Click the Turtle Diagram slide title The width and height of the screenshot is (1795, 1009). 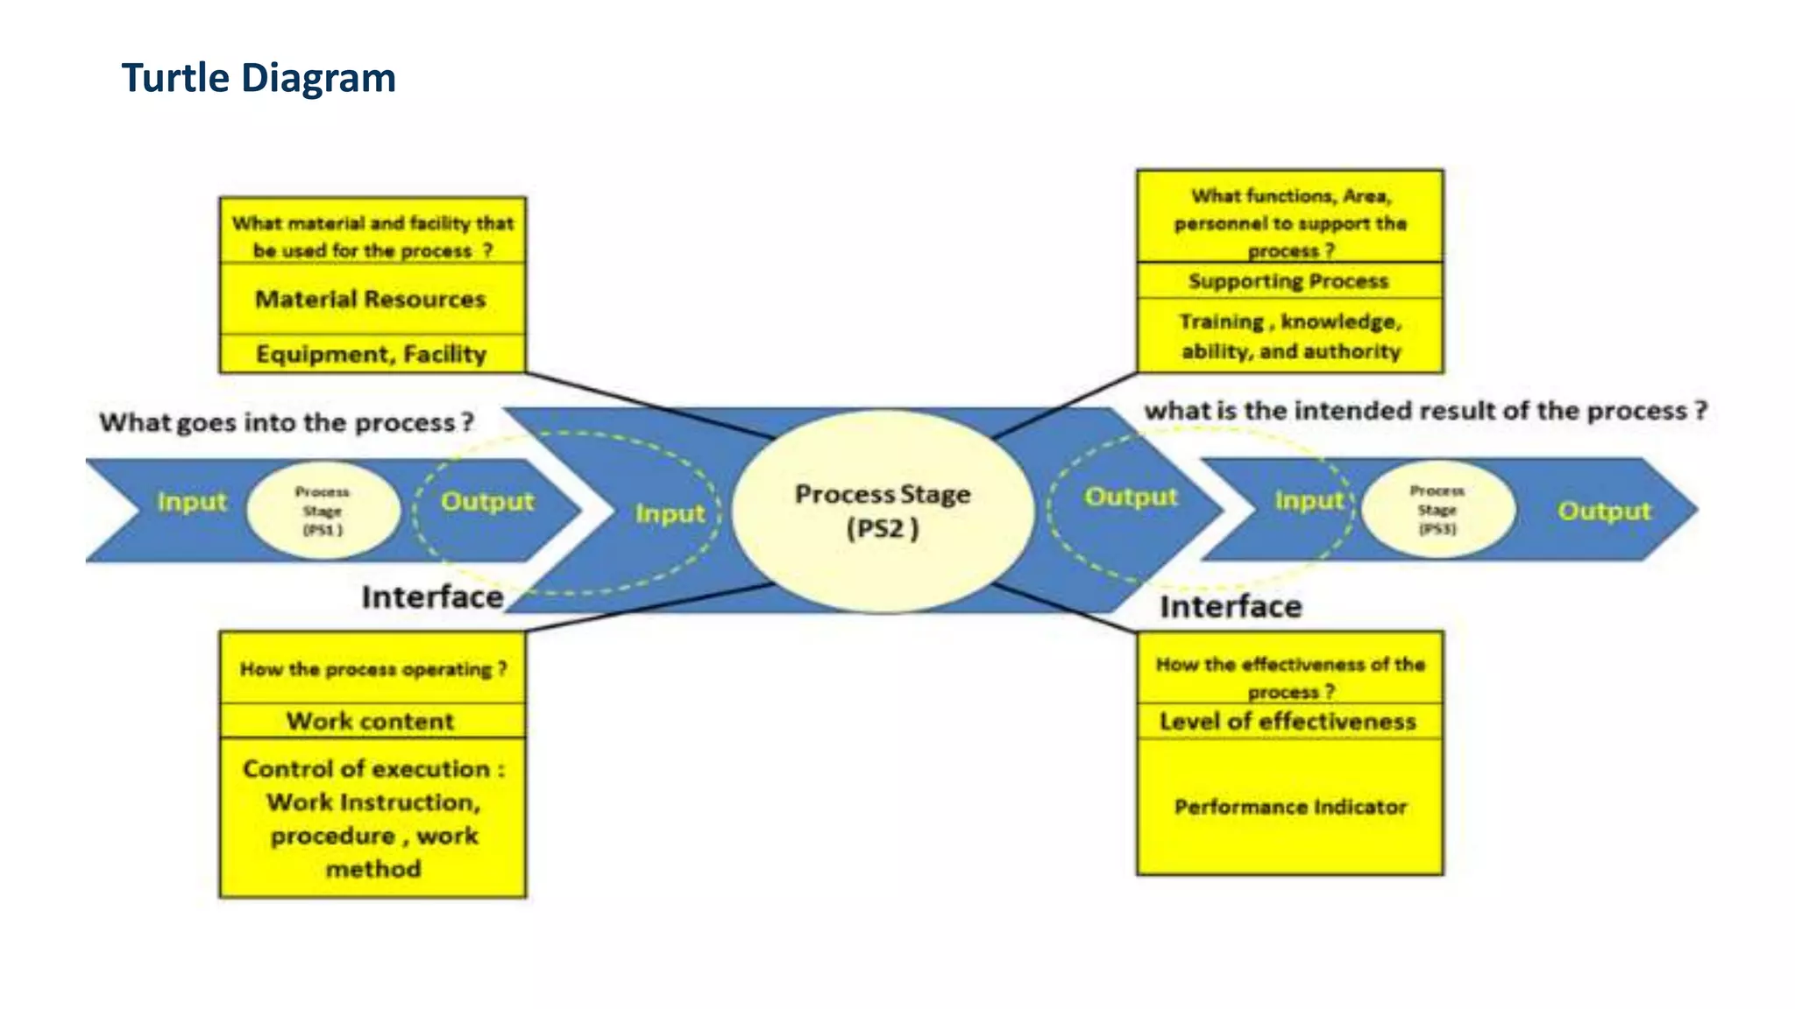[259, 78]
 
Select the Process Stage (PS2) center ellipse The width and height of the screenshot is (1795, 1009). [882, 511]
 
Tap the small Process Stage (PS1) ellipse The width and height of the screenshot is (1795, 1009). [323, 511]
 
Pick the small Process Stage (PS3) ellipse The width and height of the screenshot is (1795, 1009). [1437, 510]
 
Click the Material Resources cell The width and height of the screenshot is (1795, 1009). [371, 300]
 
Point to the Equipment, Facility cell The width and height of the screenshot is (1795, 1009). [371, 355]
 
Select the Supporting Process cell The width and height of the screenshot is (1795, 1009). [1288, 281]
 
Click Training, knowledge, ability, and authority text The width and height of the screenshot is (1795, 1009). [1290, 336]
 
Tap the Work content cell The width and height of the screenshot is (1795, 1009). [371, 721]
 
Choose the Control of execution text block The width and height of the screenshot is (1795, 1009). [373, 818]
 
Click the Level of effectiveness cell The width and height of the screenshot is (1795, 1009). [1288, 722]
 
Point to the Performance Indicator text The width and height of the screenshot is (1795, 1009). [1290, 807]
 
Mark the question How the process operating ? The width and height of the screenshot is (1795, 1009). [373, 669]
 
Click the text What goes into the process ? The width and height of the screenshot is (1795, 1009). [286, 422]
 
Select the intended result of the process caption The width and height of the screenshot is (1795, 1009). [1425, 411]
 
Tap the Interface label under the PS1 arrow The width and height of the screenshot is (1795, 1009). [432, 597]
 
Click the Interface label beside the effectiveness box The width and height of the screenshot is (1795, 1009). [1231, 607]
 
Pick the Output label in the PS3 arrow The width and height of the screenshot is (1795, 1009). [1603, 511]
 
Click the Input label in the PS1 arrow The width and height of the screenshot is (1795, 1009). [191, 502]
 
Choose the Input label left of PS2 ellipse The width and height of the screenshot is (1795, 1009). [670, 513]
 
